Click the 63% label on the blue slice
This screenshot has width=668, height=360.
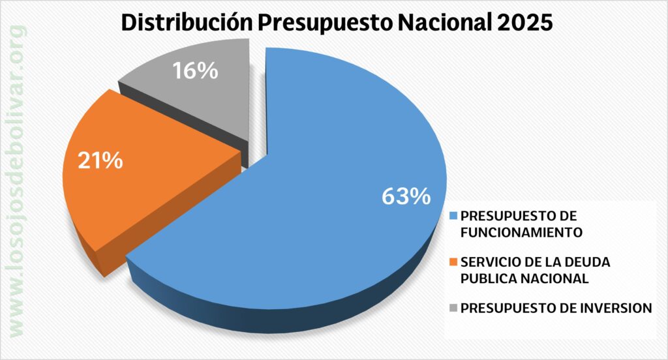(x=406, y=196)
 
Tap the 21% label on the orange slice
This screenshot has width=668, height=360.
(x=100, y=160)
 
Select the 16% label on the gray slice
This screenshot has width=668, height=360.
(x=195, y=70)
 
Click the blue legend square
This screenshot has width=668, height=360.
(x=453, y=216)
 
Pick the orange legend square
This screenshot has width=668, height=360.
(x=453, y=263)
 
